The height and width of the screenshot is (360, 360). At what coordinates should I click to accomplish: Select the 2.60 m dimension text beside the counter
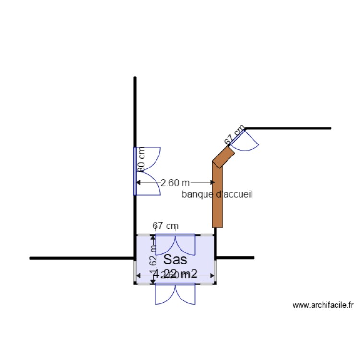click(175, 183)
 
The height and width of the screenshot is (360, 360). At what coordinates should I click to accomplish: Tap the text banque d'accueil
click(217, 194)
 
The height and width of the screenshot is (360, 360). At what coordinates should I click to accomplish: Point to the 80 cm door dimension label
click(141, 159)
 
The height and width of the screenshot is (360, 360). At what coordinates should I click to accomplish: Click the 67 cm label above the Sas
click(166, 225)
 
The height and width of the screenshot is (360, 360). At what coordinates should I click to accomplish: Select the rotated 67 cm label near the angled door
click(235, 135)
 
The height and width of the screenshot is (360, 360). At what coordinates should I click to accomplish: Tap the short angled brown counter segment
click(223, 156)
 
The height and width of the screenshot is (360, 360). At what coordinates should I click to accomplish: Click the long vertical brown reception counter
click(218, 197)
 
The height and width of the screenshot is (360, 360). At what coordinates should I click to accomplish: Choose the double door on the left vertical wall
click(147, 171)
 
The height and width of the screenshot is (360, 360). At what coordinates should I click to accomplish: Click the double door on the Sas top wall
click(175, 244)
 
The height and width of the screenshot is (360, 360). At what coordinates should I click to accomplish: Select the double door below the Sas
click(175, 294)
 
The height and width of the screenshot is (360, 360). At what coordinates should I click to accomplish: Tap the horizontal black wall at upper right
click(288, 128)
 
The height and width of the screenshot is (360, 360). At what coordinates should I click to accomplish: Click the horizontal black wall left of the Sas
click(82, 258)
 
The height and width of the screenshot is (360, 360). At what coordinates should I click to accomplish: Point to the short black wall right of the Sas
click(235, 258)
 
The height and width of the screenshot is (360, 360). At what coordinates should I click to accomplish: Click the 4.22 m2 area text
click(175, 274)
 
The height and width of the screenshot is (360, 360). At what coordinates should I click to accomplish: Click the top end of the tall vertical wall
click(135, 78)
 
